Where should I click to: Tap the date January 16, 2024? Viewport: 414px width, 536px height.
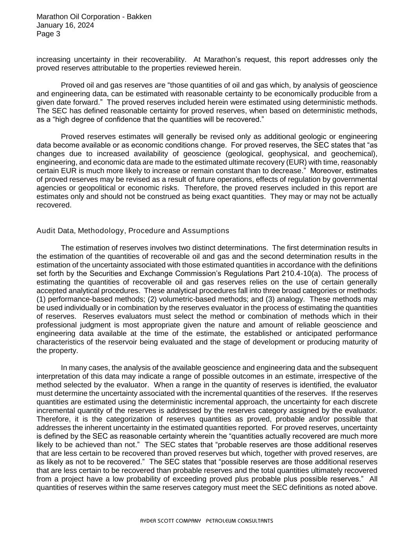[x=65, y=26]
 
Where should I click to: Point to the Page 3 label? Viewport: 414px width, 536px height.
[x=48, y=34]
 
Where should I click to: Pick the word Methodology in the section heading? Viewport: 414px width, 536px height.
[x=100, y=231]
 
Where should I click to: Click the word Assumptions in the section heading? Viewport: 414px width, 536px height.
[x=206, y=231]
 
